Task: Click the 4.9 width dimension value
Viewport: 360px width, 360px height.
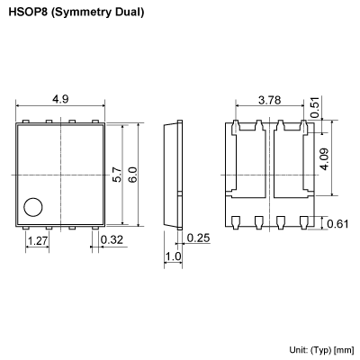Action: [60, 98]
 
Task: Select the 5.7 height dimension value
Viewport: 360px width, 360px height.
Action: [117, 174]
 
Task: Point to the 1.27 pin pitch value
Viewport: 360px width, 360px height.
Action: [37, 241]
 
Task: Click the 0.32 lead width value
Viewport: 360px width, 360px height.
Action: [112, 240]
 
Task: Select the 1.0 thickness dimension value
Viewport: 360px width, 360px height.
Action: [174, 257]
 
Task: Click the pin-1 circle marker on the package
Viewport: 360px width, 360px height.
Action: [33, 206]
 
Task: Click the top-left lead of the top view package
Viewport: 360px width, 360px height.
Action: [25, 122]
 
